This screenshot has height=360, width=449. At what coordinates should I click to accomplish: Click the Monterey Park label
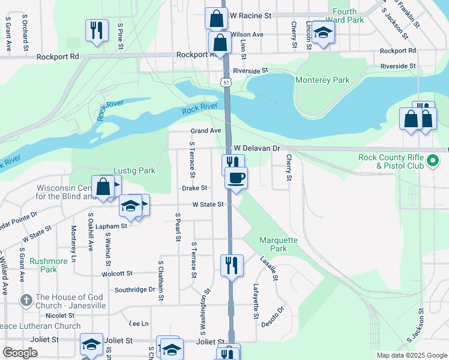(x=322, y=80)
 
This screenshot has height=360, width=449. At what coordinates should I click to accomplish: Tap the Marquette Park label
(x=278, y=244)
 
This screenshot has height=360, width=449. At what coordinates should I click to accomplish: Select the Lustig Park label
(x=134, y=170)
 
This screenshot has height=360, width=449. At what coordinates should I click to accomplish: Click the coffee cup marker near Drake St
(x=237, y=178)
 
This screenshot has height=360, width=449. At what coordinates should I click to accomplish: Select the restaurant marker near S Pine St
(x=97, y=30)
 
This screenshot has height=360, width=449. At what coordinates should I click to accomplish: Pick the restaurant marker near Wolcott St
(x=232, y=265)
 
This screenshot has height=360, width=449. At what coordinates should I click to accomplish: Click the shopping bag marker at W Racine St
(x=216, y=18)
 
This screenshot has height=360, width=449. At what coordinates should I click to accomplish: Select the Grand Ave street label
(x=206, y=131)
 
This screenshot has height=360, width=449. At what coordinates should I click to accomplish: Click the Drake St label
(x=194, y=188)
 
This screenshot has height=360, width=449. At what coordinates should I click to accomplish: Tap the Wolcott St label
(x=116, y=274)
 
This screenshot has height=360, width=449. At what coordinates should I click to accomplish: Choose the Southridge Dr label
(x=135, y=289)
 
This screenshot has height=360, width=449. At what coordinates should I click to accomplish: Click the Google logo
(x=20, y=353)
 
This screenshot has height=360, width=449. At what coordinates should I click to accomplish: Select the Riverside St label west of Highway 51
(x=250, y=71)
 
